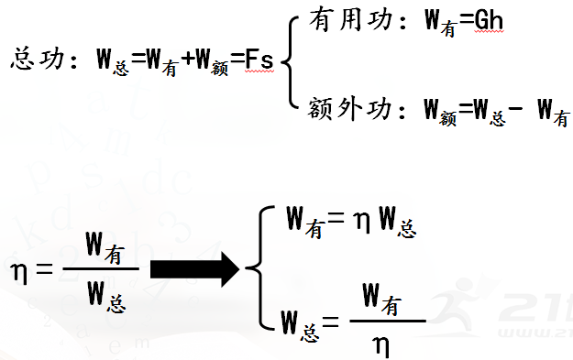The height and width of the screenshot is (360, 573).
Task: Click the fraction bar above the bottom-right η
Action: [x=387, y=321]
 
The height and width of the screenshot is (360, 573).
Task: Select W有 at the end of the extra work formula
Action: [x=552, y=113]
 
